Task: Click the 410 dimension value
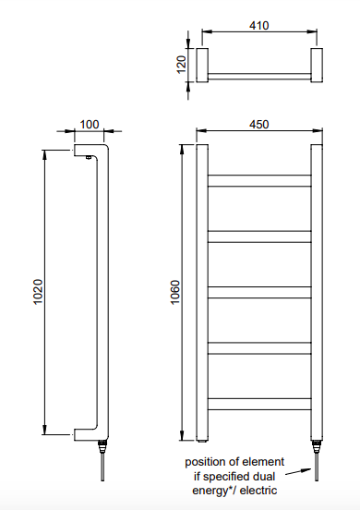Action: pyautogui.click(x=259, y=25)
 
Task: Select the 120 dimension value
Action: pyautogui.click(x=181, y=65)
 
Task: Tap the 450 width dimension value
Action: pyautogui.click(x=259, y=124)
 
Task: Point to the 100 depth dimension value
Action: pyautogui.click(x=90, y=124)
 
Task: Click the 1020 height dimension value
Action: pyautogui.click(x=38, y=292)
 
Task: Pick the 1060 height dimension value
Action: pyautogui.click(x=174, y=292)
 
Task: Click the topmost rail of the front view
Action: pyautogui.click(x=259, y=181)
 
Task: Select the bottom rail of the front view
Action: pyautogui.click(x=259, y=404)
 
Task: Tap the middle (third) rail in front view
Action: pyautogui.click(x=259, y=292)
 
